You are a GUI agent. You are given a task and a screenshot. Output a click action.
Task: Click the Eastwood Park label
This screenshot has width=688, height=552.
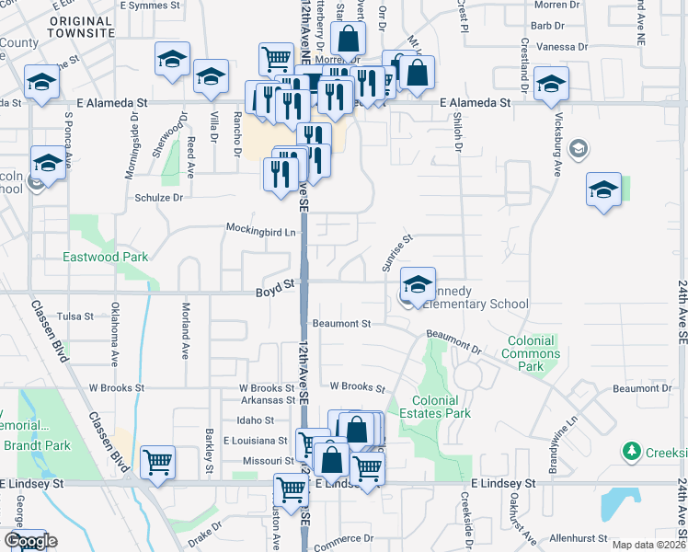[105, 258]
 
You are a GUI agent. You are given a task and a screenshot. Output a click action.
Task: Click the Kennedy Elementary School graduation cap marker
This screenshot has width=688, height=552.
[418, 285]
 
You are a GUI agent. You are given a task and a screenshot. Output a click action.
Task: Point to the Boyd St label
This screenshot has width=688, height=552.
[274, 286]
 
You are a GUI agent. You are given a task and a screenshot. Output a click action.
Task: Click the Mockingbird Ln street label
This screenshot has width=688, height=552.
[262, 230]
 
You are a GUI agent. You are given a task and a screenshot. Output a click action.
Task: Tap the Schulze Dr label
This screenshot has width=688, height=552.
[159, 197]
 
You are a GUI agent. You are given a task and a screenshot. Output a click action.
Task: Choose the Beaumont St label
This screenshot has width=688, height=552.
[341, 324]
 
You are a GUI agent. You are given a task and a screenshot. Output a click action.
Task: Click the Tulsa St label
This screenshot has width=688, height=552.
[75, 316]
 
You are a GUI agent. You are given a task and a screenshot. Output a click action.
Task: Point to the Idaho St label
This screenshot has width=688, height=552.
[257, 420]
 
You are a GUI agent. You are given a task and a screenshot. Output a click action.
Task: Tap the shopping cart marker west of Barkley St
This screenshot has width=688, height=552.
[157, 464]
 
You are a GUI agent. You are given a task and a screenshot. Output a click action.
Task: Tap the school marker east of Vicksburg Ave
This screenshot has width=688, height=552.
[602, 190]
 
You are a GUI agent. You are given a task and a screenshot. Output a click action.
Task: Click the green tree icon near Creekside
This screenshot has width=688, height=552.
[632, 451]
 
